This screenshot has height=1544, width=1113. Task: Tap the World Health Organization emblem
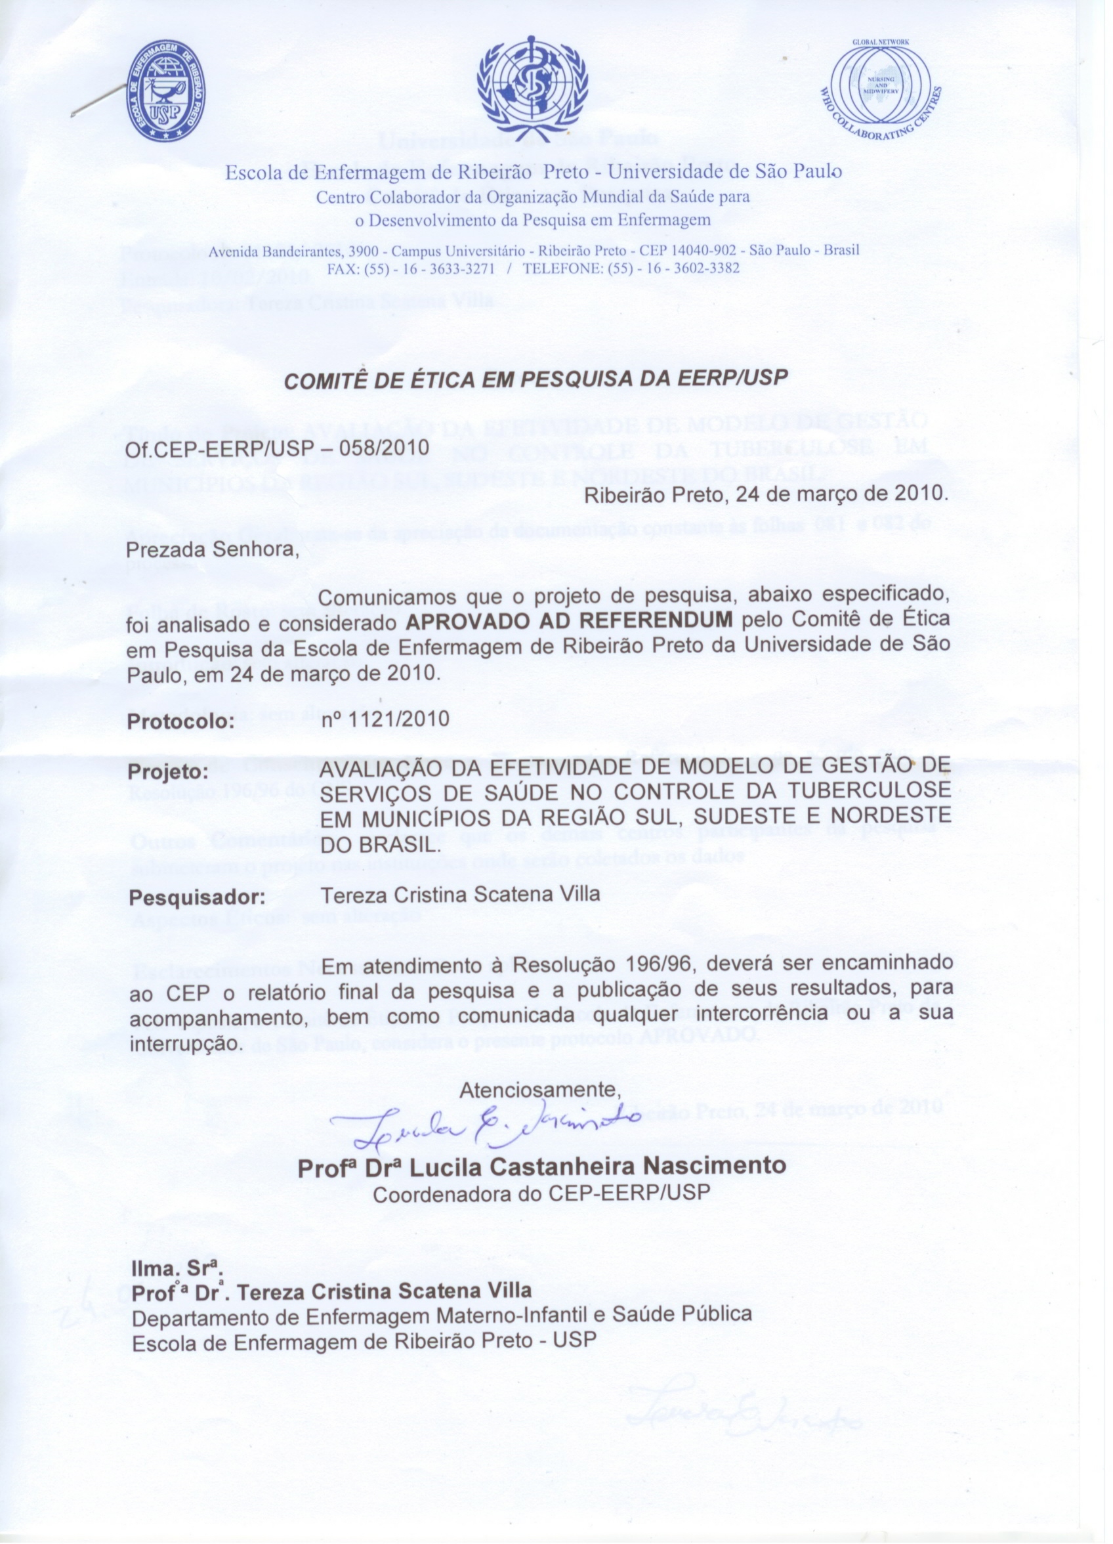point(532,89)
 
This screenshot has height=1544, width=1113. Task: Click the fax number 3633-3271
point(460,268)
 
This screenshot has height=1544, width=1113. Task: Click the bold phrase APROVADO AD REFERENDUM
point(570,620)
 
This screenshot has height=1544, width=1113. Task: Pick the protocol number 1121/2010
point(385,719)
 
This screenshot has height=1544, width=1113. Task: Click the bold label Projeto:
point(167,773)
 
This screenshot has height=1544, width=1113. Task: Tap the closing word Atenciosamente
point(541,1089)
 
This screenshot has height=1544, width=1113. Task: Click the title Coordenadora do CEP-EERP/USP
point(542,1193)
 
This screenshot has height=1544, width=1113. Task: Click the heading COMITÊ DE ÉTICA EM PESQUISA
point(535,379)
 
